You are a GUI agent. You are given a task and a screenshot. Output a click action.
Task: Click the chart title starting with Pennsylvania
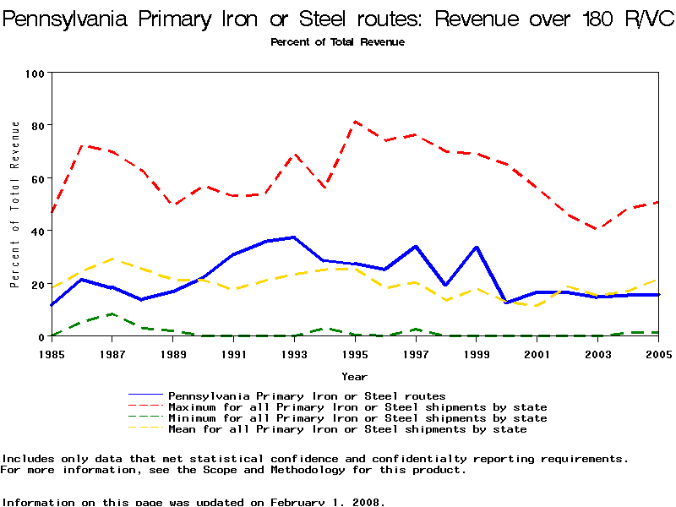(338, 19)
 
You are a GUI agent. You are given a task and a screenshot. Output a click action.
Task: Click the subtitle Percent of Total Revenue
(337, 42)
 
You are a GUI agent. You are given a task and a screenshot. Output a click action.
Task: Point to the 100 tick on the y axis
(35, 73)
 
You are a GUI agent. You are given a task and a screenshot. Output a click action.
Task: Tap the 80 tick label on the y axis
(38, 125)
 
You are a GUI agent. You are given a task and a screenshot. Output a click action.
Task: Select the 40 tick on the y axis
(38, 231)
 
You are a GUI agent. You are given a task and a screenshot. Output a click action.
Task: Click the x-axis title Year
(354, 376)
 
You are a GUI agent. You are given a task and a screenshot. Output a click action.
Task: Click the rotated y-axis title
(15, 204)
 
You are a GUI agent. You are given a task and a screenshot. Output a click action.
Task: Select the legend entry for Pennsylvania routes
(307, 395)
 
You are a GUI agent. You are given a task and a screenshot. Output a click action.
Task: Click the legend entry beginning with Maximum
(357, 407)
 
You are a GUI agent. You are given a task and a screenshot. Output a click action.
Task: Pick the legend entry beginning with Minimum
(357, 418)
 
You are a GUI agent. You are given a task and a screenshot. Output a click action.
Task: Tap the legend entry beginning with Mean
(347, 429)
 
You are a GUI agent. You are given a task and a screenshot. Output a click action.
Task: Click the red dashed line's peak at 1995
(355, 121)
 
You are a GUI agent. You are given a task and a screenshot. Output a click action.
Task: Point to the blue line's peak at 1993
(294, 237)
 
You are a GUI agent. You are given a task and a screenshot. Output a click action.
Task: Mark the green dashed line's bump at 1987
(112, 314)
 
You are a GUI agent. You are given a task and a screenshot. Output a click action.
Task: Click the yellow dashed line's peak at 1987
(112, 259)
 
